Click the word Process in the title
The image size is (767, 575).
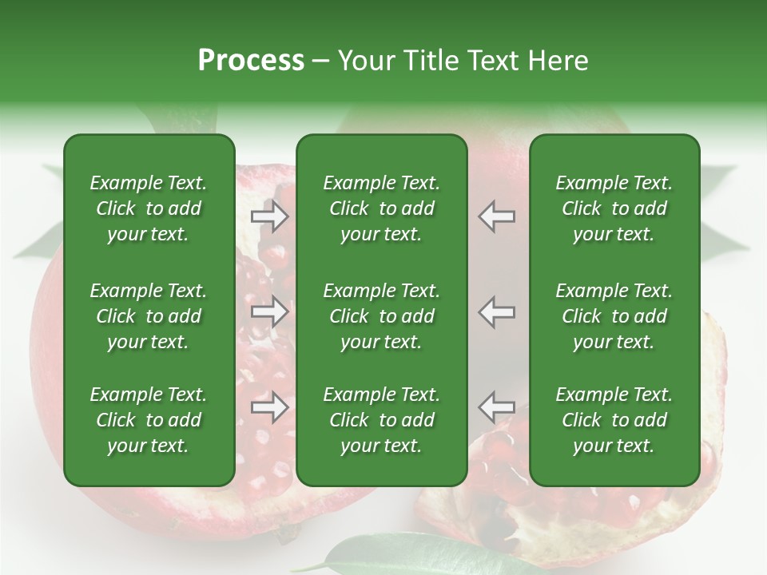tap(251, 60)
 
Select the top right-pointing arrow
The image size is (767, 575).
tap(270, 216)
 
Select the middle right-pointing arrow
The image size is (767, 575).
tap(270, 311)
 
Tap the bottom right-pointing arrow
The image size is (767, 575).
tap(270, 407)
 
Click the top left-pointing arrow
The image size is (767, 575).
tap(497, 216)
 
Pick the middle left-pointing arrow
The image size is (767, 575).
tap(497, 311)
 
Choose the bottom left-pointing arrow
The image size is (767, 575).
tap(497, 407)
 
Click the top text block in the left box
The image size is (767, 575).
tap(149, 208)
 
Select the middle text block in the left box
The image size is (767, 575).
tap(149, 316)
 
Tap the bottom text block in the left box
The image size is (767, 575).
tap(149, 420)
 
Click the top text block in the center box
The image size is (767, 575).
tap(382, 208)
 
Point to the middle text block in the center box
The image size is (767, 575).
tap(382, 316)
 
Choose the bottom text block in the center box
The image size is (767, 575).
tap(382, 420)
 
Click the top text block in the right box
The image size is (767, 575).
tap(614, 208)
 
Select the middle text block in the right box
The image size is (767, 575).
tap(614, 316)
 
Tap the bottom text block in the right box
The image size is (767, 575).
tap(614, 420)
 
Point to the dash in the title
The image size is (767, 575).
tap(320, 61)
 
